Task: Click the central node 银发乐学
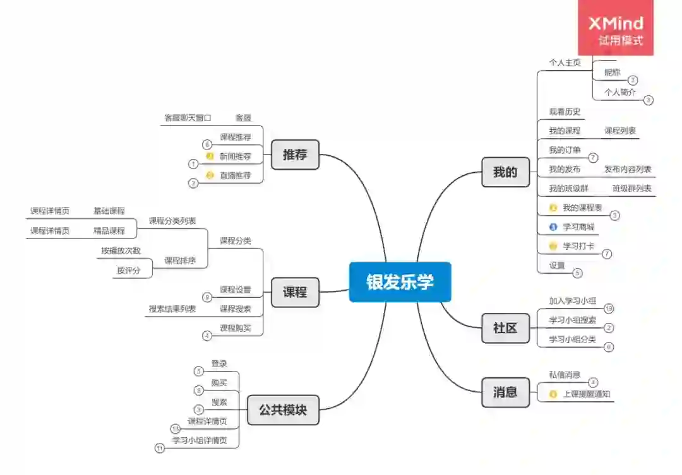pos(400,282)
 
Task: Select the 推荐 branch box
pos(295,155)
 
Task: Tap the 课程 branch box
pos(295,293)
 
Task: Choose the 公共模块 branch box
pos(283,409)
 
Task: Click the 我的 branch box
pos(505,172)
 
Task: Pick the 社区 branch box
pos(505,328)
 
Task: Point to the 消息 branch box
pos(505,392)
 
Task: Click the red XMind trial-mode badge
pos(616,28)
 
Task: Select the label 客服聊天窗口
pos(188,117)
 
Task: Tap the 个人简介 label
pos(620,92)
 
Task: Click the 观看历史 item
pos(565,112)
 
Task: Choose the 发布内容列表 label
pos(628,169)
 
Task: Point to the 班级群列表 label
pos(631,188)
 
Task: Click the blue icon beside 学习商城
pos(553,227)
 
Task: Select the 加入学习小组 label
pos(573,300)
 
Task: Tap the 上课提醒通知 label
pos(587,394)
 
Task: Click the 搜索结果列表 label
pos(172,308)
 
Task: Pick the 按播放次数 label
pos(121,250)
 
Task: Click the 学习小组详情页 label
pos(200,440)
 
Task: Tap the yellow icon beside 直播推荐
pos(210,175)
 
